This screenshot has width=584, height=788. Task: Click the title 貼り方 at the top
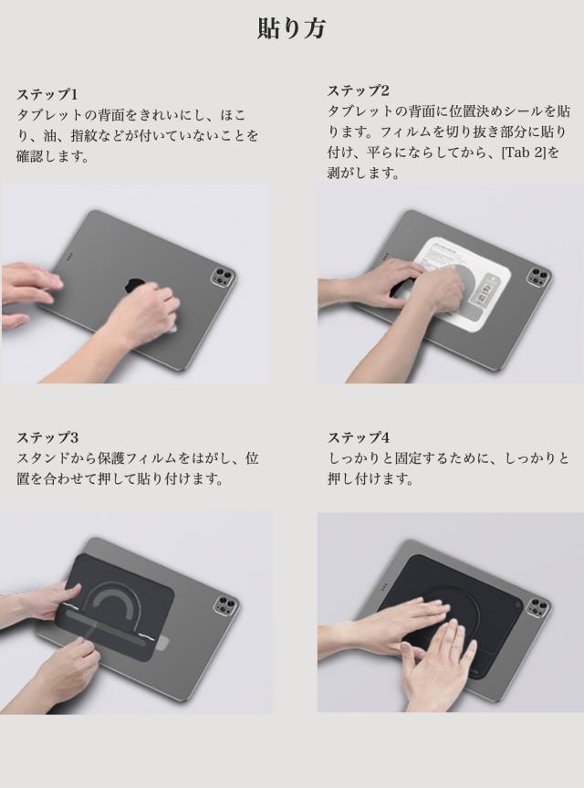tap(291, 28)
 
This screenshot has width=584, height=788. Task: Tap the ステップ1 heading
tap(47, 94)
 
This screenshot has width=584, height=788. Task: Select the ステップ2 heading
tap(358, 90)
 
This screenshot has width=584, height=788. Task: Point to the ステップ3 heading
tap(47, 437)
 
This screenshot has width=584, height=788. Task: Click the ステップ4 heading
tap(359, 437)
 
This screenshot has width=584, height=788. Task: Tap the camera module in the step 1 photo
tap(222, 278)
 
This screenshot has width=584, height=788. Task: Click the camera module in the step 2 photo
tap(538, 276)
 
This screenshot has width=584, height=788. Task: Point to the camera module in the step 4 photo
tap(537, 606)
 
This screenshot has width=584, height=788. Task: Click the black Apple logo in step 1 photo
tap(136, 287)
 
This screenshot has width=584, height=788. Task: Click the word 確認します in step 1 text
tap(53, 156)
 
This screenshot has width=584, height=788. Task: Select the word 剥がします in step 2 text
tap(364, 173)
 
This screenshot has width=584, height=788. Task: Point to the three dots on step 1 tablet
tap(69, 257)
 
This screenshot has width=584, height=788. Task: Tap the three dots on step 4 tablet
tap(384, 586)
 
